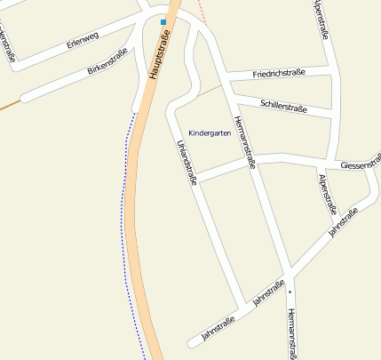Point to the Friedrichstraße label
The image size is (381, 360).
(278, 73)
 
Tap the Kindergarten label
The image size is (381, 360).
(210, 133)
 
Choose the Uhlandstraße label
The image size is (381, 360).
(187, 161)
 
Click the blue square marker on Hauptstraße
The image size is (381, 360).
(163, 21)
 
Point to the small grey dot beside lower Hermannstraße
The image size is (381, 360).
(290, 292)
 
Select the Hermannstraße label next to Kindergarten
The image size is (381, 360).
(243, 141)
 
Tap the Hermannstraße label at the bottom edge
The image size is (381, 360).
(290, 334)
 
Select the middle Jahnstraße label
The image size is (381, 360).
(268, 293)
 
